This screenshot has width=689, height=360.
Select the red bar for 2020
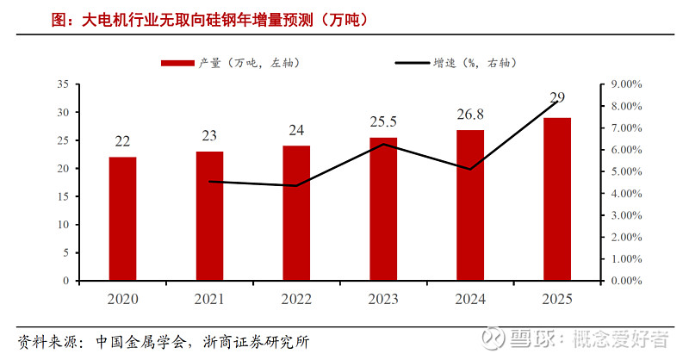click(x=122, y=219)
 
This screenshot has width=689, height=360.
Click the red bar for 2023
click(x=383, y=208)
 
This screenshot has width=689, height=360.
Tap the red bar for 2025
click(x=557, y=199)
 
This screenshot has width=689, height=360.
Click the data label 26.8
click(x=470, y=115)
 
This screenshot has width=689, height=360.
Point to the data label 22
click(x=122, y=142)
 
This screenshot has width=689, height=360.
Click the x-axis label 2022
click(x=296, y=299)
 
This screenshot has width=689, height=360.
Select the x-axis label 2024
click(x=470, y=299)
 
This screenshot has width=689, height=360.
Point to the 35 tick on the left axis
click(x=62, y=84)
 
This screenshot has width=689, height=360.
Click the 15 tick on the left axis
click(x=62, y=196)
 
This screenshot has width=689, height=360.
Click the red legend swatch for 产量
click(x=177, y=63)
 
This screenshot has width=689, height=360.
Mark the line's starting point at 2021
click(x=209, y=182)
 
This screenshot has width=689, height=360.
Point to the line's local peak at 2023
click(x=383, y=144)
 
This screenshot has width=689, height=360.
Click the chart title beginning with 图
click(x=194, y=18)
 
